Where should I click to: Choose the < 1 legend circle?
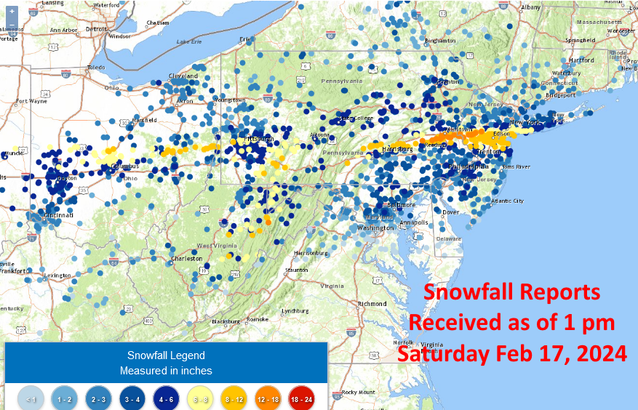[30, 398]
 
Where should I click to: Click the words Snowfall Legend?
[166, 355]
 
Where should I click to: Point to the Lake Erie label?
[188, 41]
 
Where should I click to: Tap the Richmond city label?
[372, 303]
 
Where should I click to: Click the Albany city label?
[531, 7]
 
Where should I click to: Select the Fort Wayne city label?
[31, 101]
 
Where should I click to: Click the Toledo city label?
[97, 68]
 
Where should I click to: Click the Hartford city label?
[581, 60]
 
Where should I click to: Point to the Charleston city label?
[187, 258]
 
